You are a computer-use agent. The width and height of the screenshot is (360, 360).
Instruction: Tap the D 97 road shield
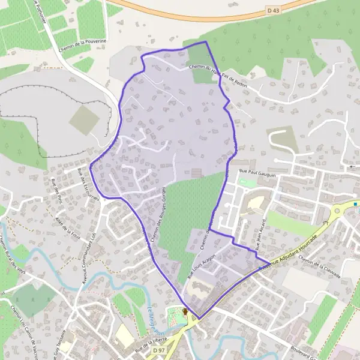pos(158,350)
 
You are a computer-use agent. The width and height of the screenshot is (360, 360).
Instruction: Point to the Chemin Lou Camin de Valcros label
pos(22,331)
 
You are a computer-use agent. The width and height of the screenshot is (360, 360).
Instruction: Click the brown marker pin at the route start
pos(185,312)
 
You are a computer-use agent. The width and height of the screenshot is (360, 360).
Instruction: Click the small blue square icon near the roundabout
pos(356,204)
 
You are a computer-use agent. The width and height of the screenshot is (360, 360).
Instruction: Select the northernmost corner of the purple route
pos(206,41)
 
